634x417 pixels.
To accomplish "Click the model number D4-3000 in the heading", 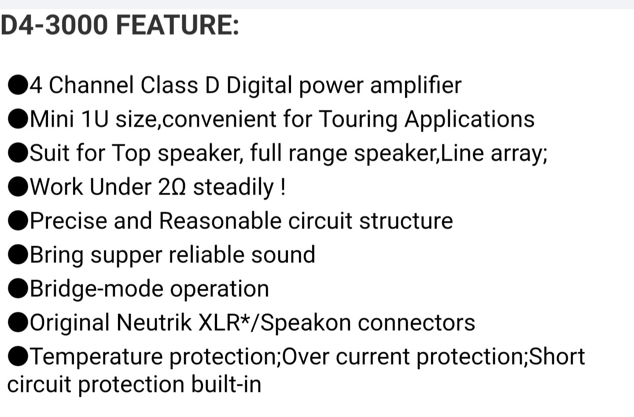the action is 54,25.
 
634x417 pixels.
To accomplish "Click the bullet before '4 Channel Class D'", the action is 18,85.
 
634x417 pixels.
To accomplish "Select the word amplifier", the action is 416,85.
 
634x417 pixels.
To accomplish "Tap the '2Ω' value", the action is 172,187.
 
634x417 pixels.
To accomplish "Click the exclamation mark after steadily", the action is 283,187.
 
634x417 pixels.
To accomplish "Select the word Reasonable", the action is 221,221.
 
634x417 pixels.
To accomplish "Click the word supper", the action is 126,256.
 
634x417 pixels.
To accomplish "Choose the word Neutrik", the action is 154,322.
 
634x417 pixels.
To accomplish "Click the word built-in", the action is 226,384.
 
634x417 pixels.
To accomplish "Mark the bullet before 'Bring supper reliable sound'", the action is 18,255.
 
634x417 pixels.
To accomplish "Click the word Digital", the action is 259,86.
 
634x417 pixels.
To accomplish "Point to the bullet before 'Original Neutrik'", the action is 18,322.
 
